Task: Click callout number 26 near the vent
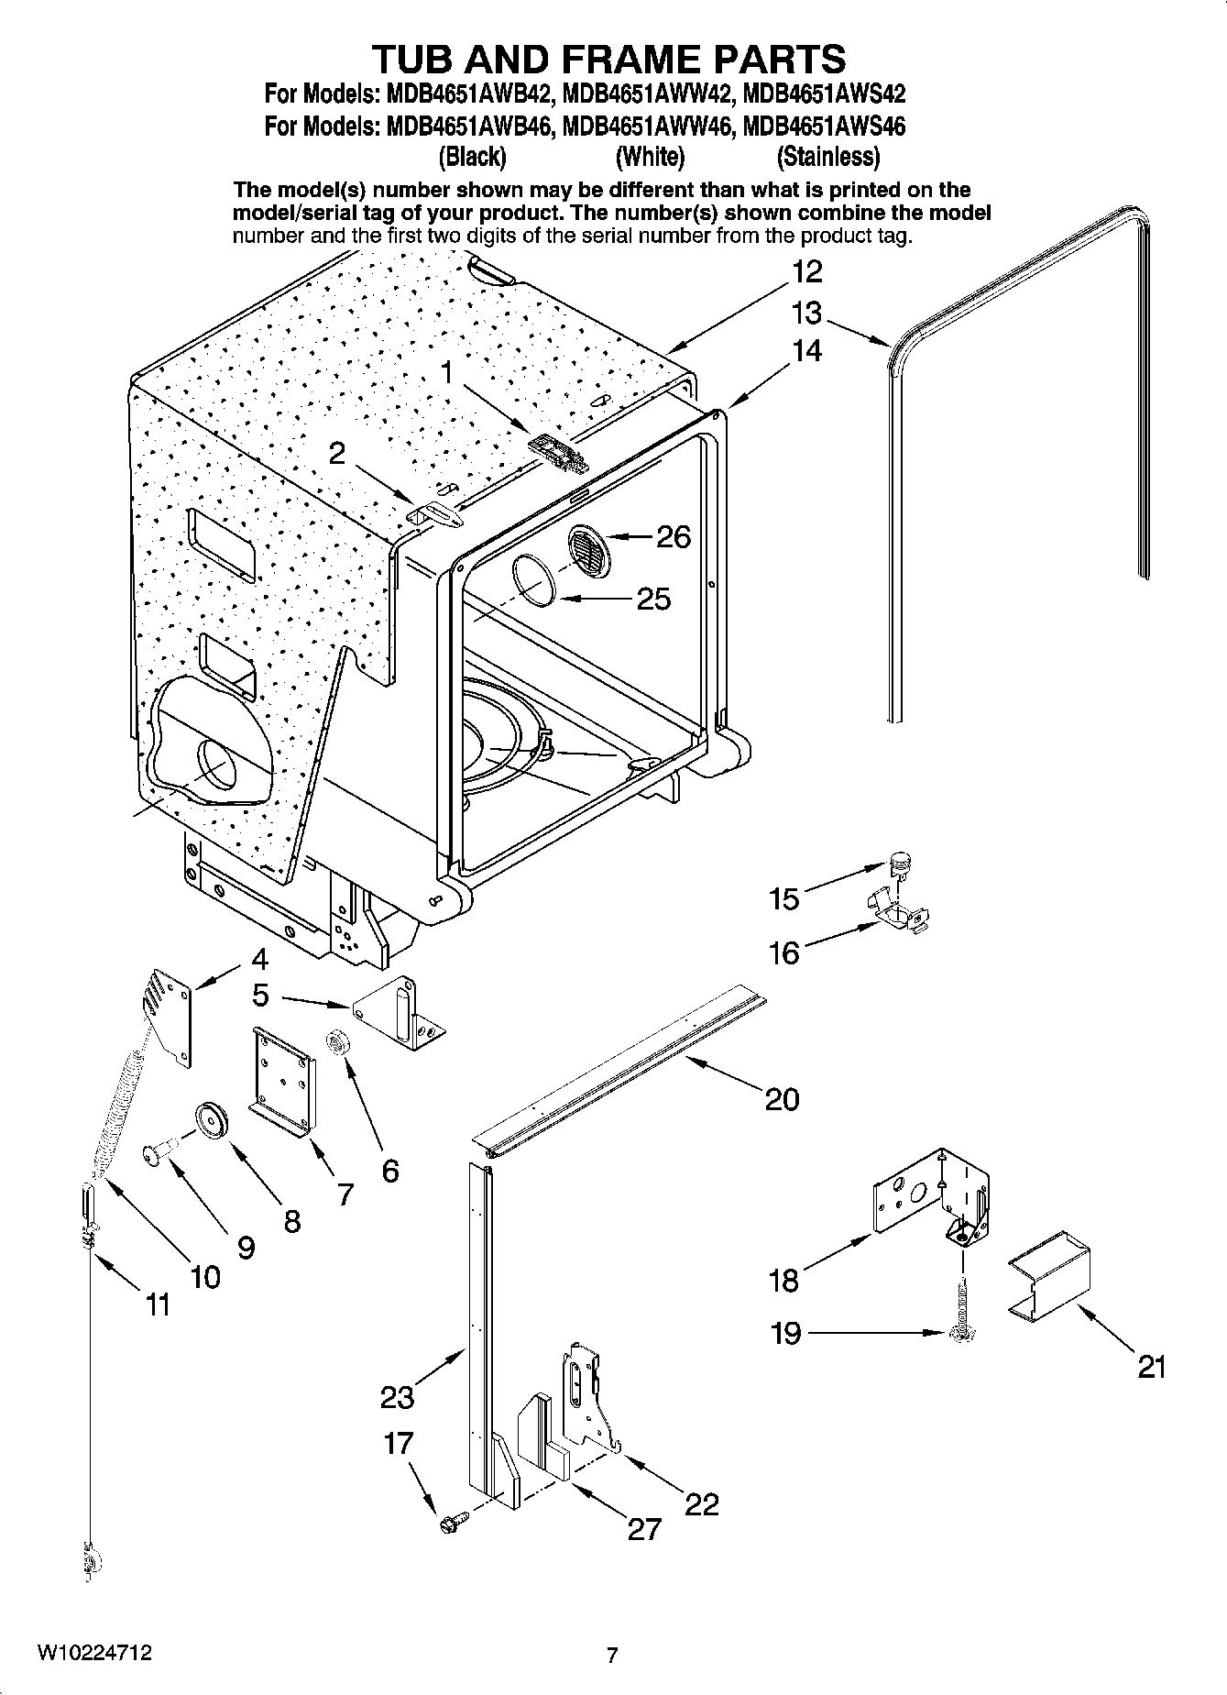[674, 536]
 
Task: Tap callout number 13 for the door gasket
[806, 314]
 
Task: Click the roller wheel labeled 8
[212, 1122]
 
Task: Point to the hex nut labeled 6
[337, 1041]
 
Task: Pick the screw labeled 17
[451, 1523]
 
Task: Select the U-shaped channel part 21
[1050, 1278]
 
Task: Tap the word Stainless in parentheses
[828, 157]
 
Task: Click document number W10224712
[94, 1653]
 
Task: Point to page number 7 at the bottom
[612, 1655]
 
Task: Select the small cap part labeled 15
[901, 862]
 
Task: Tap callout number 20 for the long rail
[782, 1098]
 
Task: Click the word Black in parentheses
[473, 157]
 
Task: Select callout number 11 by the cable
[158, 1304]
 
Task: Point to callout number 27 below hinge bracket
[643, 1528]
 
